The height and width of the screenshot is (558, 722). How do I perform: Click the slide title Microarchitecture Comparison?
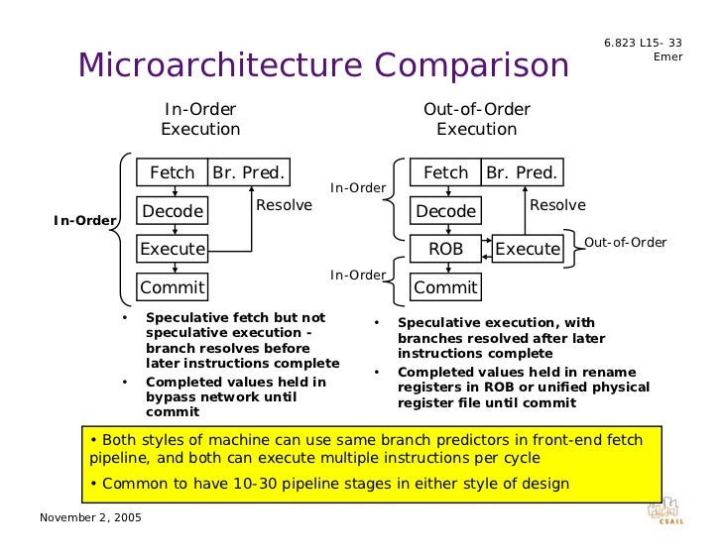click(323, 65)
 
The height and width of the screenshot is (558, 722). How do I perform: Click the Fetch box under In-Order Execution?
click(172, 172)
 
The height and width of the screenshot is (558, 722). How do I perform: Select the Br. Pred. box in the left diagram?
click(248, 172)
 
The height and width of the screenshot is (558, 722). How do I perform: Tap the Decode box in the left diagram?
click(173, 211)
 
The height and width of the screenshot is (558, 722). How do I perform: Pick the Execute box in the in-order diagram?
click(173, 249)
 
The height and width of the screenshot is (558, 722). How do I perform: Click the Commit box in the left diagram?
click(173, 287)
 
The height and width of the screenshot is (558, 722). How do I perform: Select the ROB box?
click(445, 249)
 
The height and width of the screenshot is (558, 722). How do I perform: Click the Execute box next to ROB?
click(528, 249)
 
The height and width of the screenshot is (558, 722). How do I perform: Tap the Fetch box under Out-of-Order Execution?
click(445, 172)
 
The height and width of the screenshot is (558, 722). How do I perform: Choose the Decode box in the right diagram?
click(445, 211)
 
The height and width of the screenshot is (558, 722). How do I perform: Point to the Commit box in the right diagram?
click(445, 287)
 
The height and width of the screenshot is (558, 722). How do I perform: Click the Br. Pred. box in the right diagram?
click(522, 172)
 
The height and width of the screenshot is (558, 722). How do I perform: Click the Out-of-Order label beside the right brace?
click(625, 243)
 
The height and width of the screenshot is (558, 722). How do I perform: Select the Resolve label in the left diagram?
click(284, 205)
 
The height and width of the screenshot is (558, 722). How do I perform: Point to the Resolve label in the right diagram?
click(557, 205)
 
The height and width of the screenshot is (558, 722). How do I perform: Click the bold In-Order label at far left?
click(84, 220)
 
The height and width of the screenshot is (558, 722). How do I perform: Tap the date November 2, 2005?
click(90, 519)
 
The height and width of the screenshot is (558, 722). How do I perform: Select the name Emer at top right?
click(667, 56)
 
